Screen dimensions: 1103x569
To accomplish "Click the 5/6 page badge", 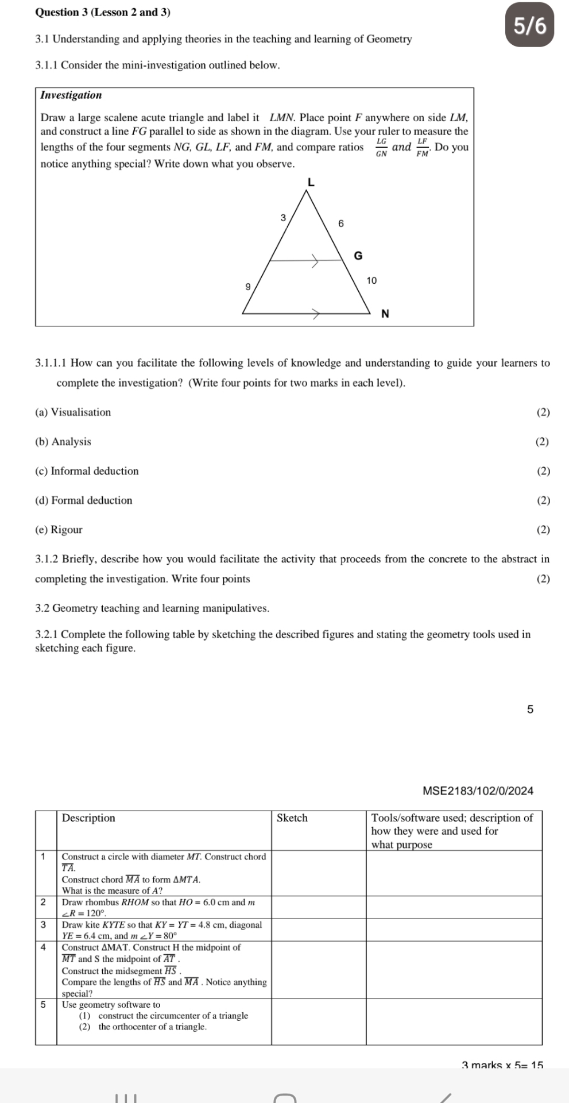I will click(x=530, y=26).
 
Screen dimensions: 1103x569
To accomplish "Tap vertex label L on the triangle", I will click(x=311, y=183).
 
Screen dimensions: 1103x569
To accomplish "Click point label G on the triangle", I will click(x=358, y=256).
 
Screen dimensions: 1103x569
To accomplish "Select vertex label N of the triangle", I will click(x=385, y=314).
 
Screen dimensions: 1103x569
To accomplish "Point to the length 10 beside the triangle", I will click(x=371, y=280).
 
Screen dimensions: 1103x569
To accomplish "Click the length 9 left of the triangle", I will click(x=248, y=286).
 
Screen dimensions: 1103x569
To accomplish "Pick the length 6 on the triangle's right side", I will click(x=340, y=223).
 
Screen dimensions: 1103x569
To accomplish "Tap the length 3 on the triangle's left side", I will click(x=282, y=218).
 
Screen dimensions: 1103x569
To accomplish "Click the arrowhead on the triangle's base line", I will click(x=315, y=314).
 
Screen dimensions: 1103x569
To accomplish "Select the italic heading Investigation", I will click(x=71, y=95).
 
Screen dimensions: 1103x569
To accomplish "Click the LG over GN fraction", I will click(x=381, y=148).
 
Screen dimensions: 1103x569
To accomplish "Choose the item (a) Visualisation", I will click(x=73, y=412).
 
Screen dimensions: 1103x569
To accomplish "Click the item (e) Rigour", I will click(x=59, y=530).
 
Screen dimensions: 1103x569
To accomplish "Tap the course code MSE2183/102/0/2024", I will click(x=478, y=791).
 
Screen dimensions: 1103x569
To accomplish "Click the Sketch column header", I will click(x=292, y=818).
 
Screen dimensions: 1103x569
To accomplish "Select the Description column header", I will click(x=88, y=818).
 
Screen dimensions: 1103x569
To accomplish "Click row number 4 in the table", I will click(x=44, y=947).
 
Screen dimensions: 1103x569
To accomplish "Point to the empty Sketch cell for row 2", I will click(x=319, y=907).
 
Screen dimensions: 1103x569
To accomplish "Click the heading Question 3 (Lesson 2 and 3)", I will click(x=103, y=12).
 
